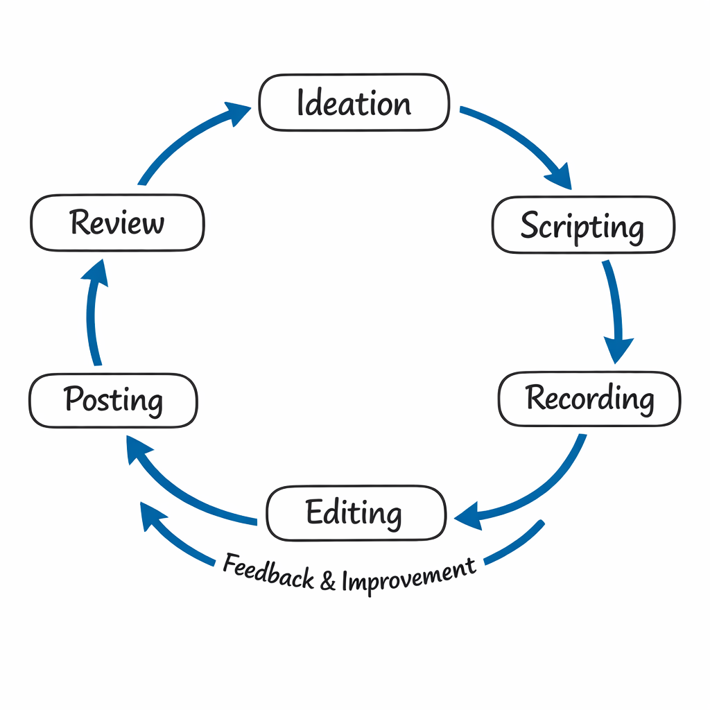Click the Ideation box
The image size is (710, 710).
(x=354, y=103)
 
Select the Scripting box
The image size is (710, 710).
(x=582, y=225)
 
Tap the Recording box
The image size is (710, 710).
(x=589, y=399)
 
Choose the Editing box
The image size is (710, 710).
(x=355, y=513)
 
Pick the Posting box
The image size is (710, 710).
(x=113, y=401)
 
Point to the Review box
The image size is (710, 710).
(x=117, y=223)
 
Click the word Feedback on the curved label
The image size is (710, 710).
(x=268, y=571)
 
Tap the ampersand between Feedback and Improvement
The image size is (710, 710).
(x=327, y=580)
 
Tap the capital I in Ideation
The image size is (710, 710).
(x=301, y=103)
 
